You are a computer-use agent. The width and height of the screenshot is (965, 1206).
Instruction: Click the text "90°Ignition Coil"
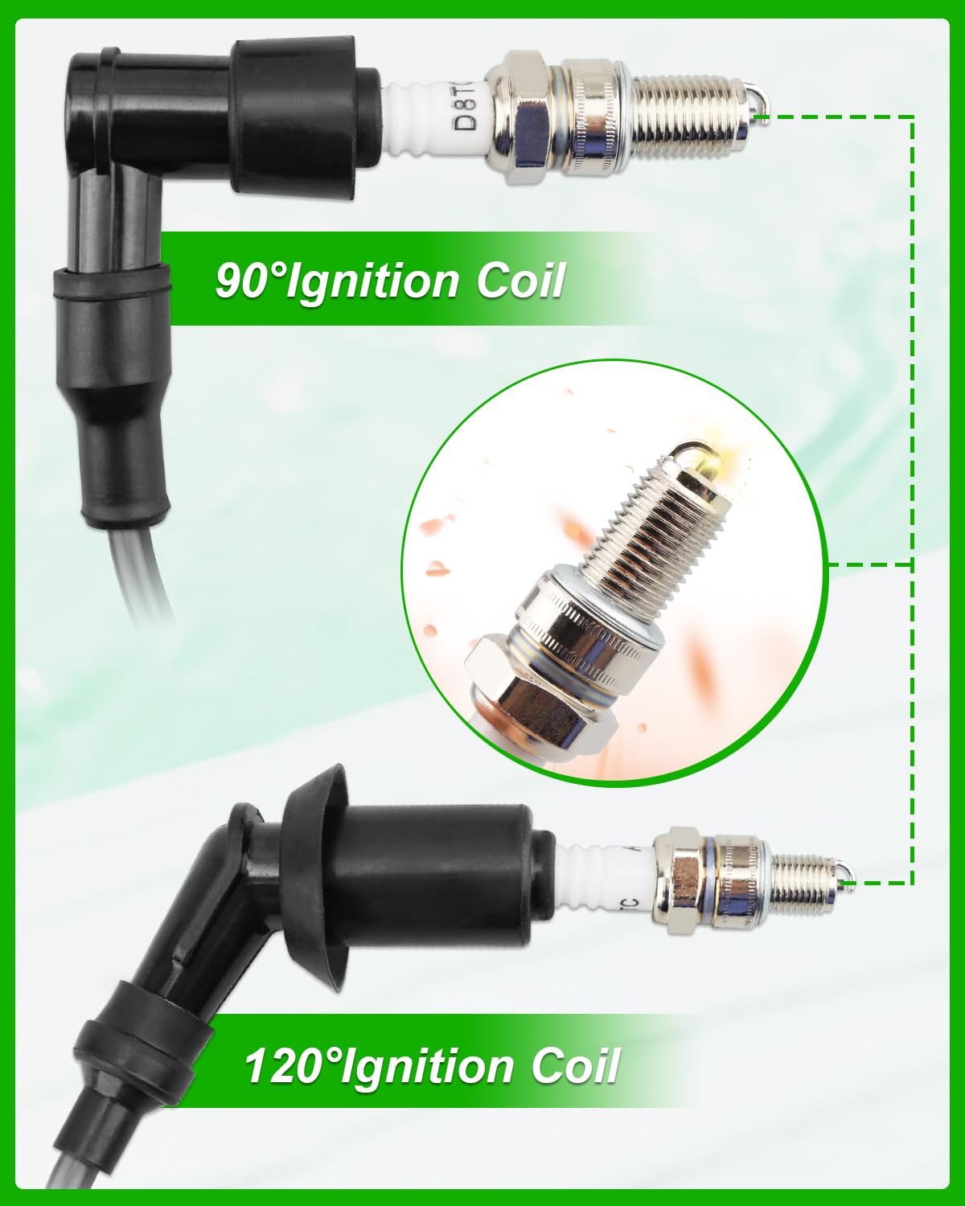[389, 281]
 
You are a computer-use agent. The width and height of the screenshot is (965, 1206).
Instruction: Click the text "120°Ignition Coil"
[431, 1066]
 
